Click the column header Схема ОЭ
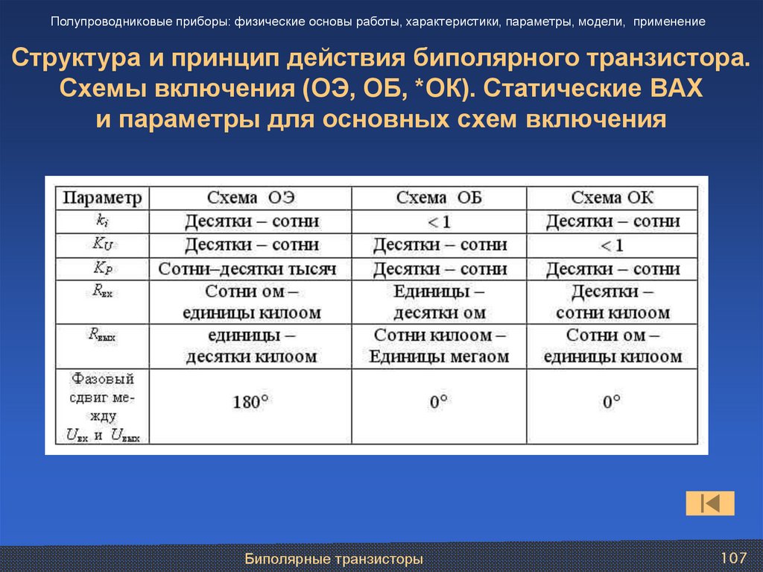[251, 198]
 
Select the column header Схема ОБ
[439, 198]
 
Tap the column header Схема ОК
[612, 198]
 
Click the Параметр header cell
[101, 198]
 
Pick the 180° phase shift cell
[251, 402]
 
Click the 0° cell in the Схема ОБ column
[439, 402]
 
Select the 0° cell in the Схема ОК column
[612, 402]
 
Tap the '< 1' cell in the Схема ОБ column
[439, 221]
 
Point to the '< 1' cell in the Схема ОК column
[612, 245]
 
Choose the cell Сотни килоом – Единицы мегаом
[439, 346]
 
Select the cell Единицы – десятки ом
[439, 301]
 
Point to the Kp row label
[101, 268]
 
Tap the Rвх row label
[101, 294]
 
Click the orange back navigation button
[710, 503]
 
